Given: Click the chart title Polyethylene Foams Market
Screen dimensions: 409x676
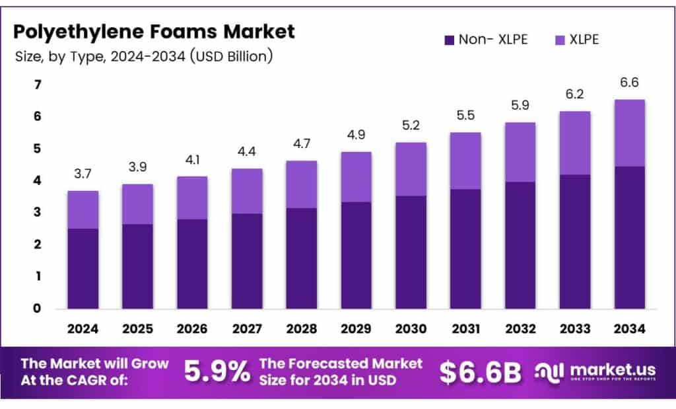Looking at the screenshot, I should tap(154, 32).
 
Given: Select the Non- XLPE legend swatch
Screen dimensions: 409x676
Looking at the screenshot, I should tap(450, 40).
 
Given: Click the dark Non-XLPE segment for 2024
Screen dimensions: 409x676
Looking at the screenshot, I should tap(83, 268).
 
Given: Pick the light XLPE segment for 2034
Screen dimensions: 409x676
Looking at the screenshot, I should tap(629, 133).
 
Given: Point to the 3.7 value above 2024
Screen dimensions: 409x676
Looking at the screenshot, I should tap(83, 175).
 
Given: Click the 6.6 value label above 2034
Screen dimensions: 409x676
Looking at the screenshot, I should tap(629, 83).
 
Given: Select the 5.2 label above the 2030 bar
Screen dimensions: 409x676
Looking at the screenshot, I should tap(411, 126).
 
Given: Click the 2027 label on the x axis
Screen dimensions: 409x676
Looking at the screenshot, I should tap(247, 328).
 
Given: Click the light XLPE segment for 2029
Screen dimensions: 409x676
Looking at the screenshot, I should tap(356, 177).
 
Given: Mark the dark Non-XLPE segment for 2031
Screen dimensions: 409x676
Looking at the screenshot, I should tap(465, 248).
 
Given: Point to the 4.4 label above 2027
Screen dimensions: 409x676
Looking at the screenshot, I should tap(247, 153).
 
